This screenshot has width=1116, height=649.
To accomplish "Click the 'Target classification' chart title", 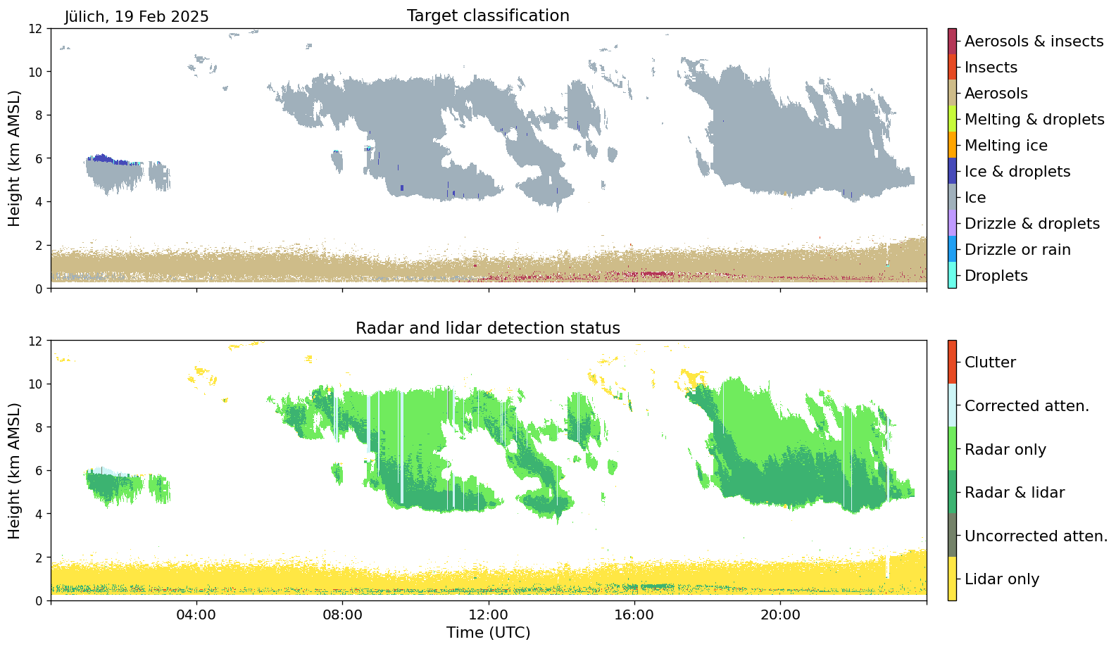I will coord(488,15).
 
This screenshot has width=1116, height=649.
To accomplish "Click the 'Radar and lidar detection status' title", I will coord(488,328).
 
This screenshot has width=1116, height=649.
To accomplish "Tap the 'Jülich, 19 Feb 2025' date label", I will coord(137,16).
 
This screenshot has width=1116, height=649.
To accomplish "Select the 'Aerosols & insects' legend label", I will coord(1034,42).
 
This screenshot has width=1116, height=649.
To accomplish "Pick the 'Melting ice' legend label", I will coord(1005,146).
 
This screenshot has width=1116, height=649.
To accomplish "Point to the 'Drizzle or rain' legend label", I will coord(1017,250).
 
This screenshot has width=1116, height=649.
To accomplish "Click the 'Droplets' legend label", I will coord(996,276).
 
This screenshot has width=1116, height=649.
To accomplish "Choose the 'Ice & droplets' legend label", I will coord(1017,172).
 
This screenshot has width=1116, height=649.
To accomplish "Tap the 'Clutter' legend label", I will coord(990,363).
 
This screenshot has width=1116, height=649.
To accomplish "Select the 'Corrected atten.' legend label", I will coord(1027,406).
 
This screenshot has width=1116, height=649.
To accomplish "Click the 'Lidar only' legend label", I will coord(1001,579).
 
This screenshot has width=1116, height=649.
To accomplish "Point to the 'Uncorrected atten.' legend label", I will coord(1036,536).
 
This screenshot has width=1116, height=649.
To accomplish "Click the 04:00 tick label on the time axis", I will coord(196,615).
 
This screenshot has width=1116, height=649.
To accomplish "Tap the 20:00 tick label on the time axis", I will coord(780,615).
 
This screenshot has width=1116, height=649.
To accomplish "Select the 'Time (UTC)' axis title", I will coord(488,633).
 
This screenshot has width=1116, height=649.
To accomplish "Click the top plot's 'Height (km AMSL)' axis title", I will coord(15,158).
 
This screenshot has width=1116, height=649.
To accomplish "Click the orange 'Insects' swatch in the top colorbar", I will coord(952,68).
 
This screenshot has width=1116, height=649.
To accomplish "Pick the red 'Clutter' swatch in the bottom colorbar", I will coord(952,363).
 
